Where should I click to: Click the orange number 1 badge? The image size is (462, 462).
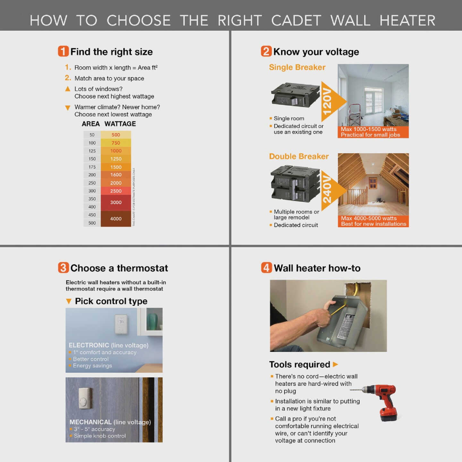63,51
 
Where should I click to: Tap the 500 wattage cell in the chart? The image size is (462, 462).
116,135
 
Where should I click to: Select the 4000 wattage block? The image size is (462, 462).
116,219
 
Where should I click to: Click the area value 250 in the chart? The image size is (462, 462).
92,183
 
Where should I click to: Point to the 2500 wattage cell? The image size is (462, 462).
116,191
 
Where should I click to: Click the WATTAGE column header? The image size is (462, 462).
120,124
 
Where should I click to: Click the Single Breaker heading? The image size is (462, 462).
297,67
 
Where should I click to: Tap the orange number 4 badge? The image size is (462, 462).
266,268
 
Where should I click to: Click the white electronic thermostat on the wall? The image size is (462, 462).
121,324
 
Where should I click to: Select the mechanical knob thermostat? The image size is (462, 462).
85,398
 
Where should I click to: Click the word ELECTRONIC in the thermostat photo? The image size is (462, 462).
89,345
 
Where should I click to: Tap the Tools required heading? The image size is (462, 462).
299,364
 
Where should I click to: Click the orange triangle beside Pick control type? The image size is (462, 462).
68,301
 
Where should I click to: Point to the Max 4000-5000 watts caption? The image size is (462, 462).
369,218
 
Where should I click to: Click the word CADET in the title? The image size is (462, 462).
296,21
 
